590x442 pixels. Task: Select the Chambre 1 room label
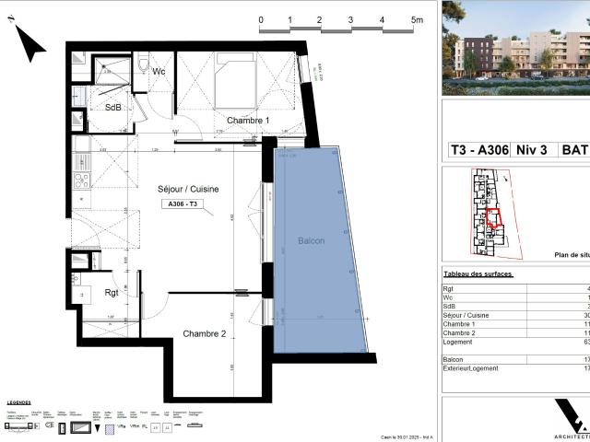[x=248, y=121]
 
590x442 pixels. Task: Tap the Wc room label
[x=159, y=71]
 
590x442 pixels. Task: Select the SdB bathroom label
[x=112, y=107]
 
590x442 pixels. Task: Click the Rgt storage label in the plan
[x=112, y=295]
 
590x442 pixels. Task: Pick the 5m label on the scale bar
[x=417, y=19]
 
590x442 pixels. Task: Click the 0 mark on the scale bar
[x=261, y=19]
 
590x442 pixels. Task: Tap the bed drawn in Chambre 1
[x=234, y=82]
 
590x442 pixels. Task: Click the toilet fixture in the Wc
[x=145, y=65]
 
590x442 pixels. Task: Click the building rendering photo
[x=515, y=48]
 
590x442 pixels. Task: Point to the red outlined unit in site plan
[x=495, y=218]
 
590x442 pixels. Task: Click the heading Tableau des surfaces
[x=478, y=274]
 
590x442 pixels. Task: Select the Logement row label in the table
[x=459, y=342]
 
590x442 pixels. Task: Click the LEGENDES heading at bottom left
[x=18, y=402]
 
